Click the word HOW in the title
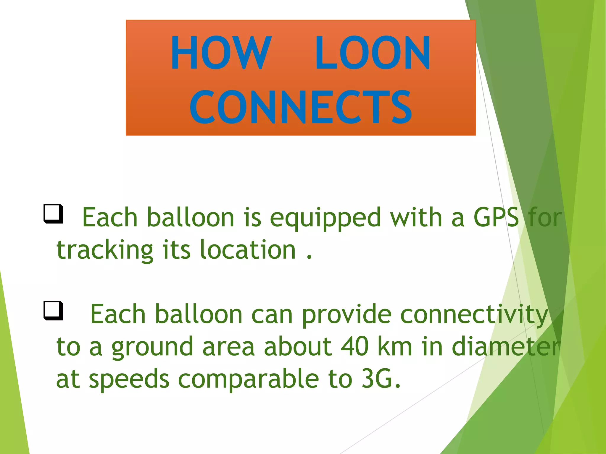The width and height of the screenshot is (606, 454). coord(221,53)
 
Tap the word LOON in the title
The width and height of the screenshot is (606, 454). coord(373,53)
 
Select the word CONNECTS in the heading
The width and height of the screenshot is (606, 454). coord(301,107)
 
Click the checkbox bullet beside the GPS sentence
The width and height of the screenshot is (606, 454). coord(54,214)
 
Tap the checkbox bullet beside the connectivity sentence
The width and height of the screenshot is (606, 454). coord(54,310)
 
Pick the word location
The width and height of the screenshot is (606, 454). coord(248,250)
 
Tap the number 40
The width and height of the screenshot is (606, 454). coord(354,346)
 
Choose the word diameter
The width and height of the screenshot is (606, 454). coord(506,346)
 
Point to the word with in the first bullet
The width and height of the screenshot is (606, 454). coord(416,218)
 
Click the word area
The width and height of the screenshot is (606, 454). coord(228,347)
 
